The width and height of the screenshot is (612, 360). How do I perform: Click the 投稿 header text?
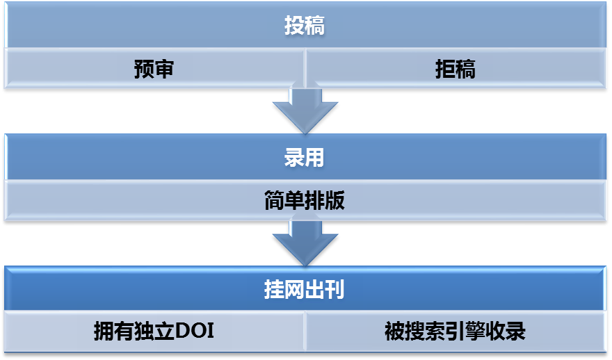305,26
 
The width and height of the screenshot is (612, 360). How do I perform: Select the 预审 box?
154,69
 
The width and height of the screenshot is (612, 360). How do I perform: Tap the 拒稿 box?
456,69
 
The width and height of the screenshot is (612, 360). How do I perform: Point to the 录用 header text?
305,158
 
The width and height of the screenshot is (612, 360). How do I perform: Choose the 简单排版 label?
305,202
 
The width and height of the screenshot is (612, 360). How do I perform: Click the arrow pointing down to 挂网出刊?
305,243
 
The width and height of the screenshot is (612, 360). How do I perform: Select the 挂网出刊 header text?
305,290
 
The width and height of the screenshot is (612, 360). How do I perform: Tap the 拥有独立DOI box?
154,332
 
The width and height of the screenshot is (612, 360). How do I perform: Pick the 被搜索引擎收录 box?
456,332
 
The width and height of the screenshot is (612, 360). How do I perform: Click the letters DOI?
194,332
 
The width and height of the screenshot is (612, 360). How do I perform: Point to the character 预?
144,69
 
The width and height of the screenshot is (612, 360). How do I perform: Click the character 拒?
446,69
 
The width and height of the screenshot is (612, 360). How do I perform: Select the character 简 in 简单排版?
274,202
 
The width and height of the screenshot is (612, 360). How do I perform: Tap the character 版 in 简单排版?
335,202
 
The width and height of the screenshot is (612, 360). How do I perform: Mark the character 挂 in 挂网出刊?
274,290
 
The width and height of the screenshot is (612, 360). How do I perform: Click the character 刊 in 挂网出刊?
335,290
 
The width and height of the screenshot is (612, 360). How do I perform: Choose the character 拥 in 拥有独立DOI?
104,332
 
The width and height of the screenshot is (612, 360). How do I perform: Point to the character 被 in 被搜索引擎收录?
394,332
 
